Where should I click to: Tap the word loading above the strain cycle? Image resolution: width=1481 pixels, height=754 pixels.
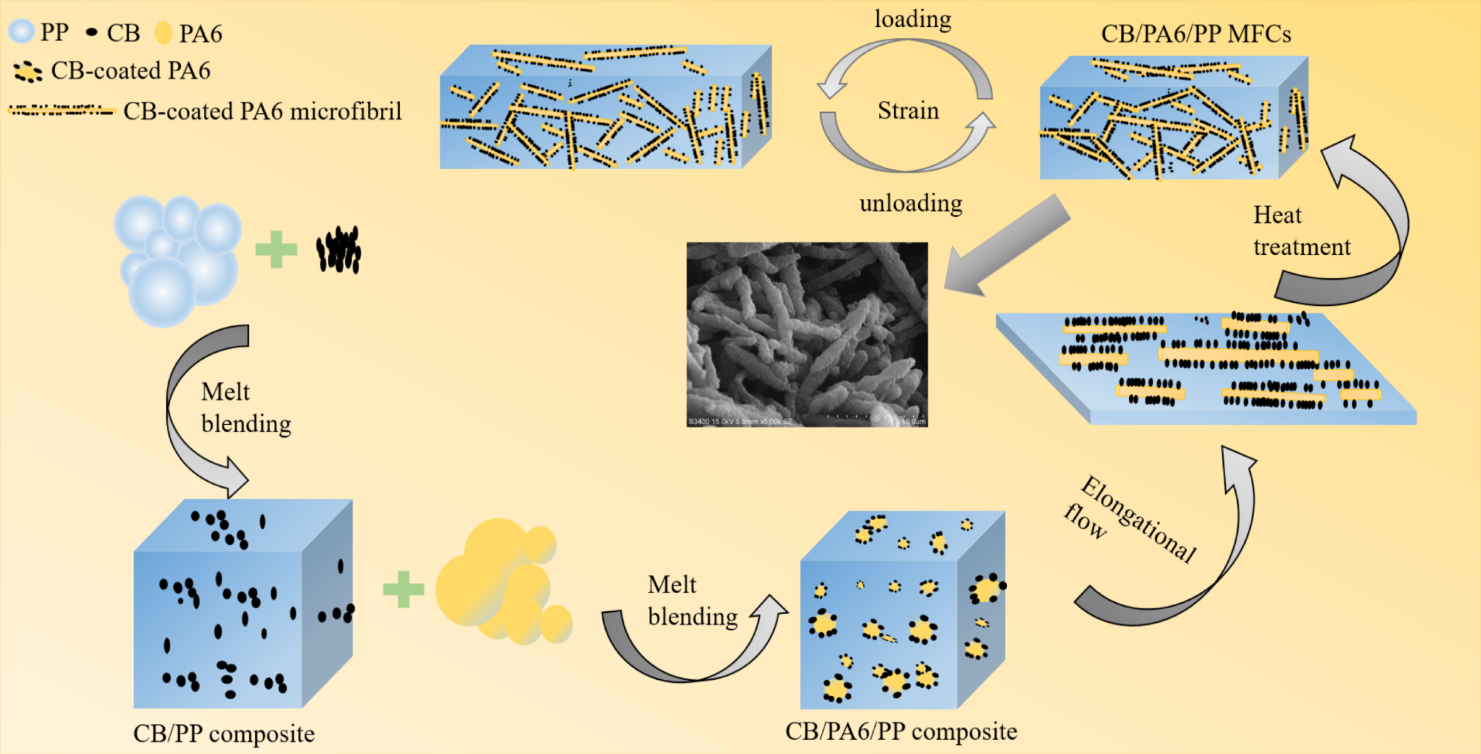point(912,19)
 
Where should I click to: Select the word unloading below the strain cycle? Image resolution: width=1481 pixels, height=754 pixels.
point(911,204)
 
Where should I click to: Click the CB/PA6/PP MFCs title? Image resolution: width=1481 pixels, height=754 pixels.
point(1196,34)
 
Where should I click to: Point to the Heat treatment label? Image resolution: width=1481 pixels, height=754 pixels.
point(1301,231)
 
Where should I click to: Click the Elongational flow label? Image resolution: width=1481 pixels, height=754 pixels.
point(1130,518)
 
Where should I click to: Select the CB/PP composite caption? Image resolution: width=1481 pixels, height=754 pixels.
point(223,733)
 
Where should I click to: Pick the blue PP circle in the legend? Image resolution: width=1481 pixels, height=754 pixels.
point(22,32)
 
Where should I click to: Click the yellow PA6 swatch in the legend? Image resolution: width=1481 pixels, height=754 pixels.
point(163,33)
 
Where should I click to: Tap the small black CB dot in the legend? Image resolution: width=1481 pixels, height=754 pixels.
point(91,32)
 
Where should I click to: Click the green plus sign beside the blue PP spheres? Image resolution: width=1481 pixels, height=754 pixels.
point(277,250)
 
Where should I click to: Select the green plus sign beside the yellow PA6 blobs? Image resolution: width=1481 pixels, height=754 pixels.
point(403,590)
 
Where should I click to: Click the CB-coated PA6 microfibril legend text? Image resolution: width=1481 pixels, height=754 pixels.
point(262,111)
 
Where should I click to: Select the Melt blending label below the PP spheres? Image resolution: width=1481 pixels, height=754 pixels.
point(246,408)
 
